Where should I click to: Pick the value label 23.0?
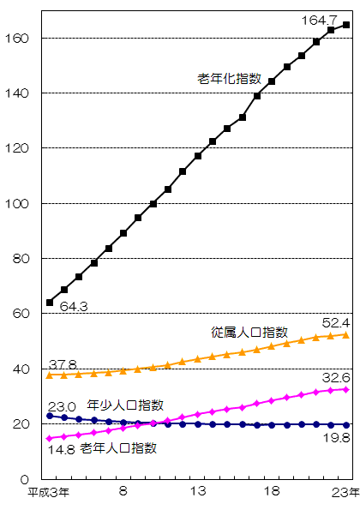point(62,406)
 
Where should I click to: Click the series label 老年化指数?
point(230,79)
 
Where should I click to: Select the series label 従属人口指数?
point(249,332)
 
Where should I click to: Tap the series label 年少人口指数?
point(126,405)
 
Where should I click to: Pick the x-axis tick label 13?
point(198,492)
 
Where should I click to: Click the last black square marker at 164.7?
point(346,25)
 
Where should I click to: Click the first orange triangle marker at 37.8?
point(50,375)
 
